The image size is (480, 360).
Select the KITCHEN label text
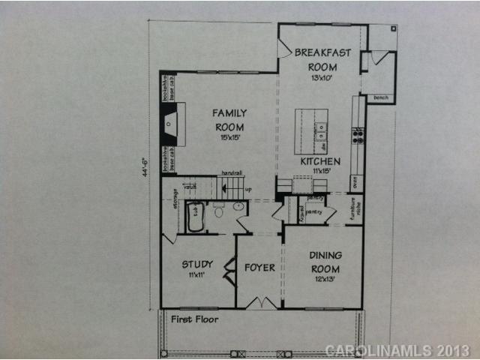pos(320,161)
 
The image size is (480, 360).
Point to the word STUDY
pos(197,264)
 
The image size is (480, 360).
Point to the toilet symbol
pos(219,211)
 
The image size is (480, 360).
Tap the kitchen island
pos(310,131)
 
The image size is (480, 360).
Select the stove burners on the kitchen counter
pos(358,136)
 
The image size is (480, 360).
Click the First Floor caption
pos(193,319)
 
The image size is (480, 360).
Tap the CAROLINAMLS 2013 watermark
pos(397,350)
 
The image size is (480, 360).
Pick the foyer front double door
pos(259,303)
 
